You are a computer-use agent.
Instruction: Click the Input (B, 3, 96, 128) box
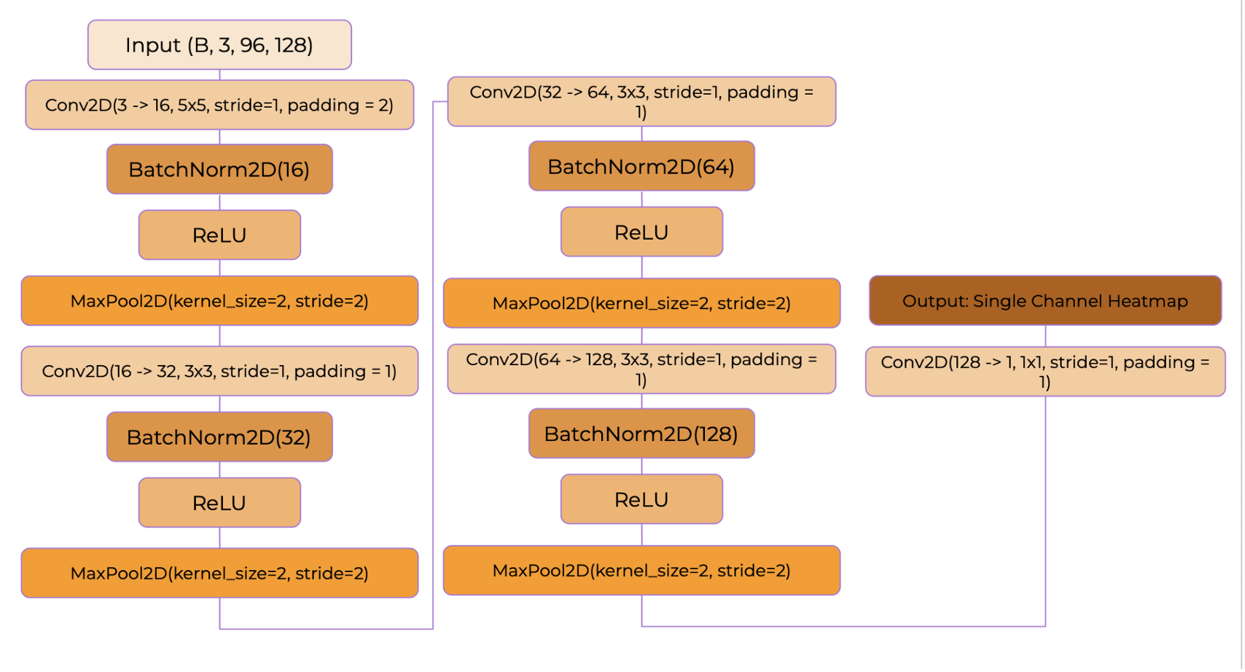[219, 45]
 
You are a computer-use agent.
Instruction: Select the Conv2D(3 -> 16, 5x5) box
[219, 105]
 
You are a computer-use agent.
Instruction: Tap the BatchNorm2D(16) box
[219, 169]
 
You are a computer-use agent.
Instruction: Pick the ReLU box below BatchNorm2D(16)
[219, 235]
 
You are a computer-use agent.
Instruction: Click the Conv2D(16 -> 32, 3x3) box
[219, 371]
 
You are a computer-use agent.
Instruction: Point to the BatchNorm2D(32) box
[219, 437]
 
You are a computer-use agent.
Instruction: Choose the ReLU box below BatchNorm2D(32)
[219, 502]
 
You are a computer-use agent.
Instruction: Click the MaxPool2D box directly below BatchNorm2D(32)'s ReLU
[219, 573]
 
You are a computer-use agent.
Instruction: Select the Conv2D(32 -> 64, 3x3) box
[641, 101]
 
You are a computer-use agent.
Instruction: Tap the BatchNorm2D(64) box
[641, 166]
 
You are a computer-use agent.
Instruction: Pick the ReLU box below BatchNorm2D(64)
[641, 232]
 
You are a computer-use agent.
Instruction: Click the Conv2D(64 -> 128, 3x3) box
[641, 369]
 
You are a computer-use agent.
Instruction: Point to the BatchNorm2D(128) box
[641, 434]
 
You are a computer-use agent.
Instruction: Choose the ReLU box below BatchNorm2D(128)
[641, 499]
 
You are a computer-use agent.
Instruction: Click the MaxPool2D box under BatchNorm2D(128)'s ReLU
[641, 570]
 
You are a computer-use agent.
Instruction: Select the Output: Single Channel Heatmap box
[1045, 300]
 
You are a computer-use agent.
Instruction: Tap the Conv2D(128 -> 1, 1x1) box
[1045, 372]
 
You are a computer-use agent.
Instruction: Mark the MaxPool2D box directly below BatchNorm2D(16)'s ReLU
[219, 300]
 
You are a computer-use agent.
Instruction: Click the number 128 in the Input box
[293, 45]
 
